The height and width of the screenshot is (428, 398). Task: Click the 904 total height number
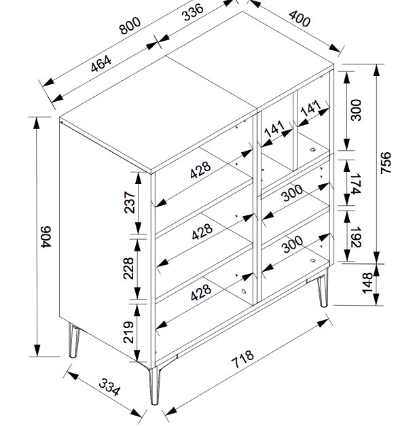point(47,237)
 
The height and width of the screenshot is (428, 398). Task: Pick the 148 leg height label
point(367,283)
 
